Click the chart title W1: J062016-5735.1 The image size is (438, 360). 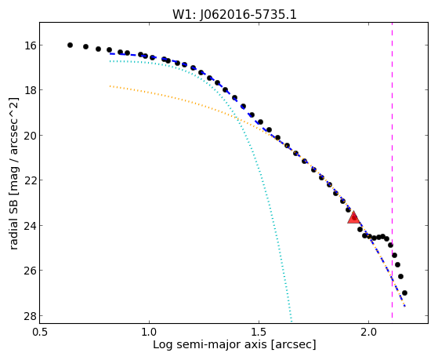[x=234, y=15]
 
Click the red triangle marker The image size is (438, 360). [x=354, y=217]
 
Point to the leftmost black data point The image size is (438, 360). [x=70, y=45]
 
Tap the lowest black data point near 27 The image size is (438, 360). [x=404, y=293]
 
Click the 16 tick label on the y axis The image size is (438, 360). [x=27, y=45]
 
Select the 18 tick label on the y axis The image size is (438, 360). [x=27, y=90]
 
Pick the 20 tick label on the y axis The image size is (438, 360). [x=27, y=136]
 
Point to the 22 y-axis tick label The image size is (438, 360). [x=27, y=180]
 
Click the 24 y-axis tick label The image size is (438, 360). [x=27, y=225]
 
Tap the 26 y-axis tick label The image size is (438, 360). [x=27, y=271]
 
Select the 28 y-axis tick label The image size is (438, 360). [x=27, y=316]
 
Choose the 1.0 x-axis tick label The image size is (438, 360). [x=149, y=332]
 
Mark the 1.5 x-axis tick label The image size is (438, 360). [x=259, y=332]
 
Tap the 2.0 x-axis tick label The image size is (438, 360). [x=369, y=332]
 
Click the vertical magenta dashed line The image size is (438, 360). [x=393, y=170]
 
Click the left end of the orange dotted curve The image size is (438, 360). [x=110, y=86]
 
